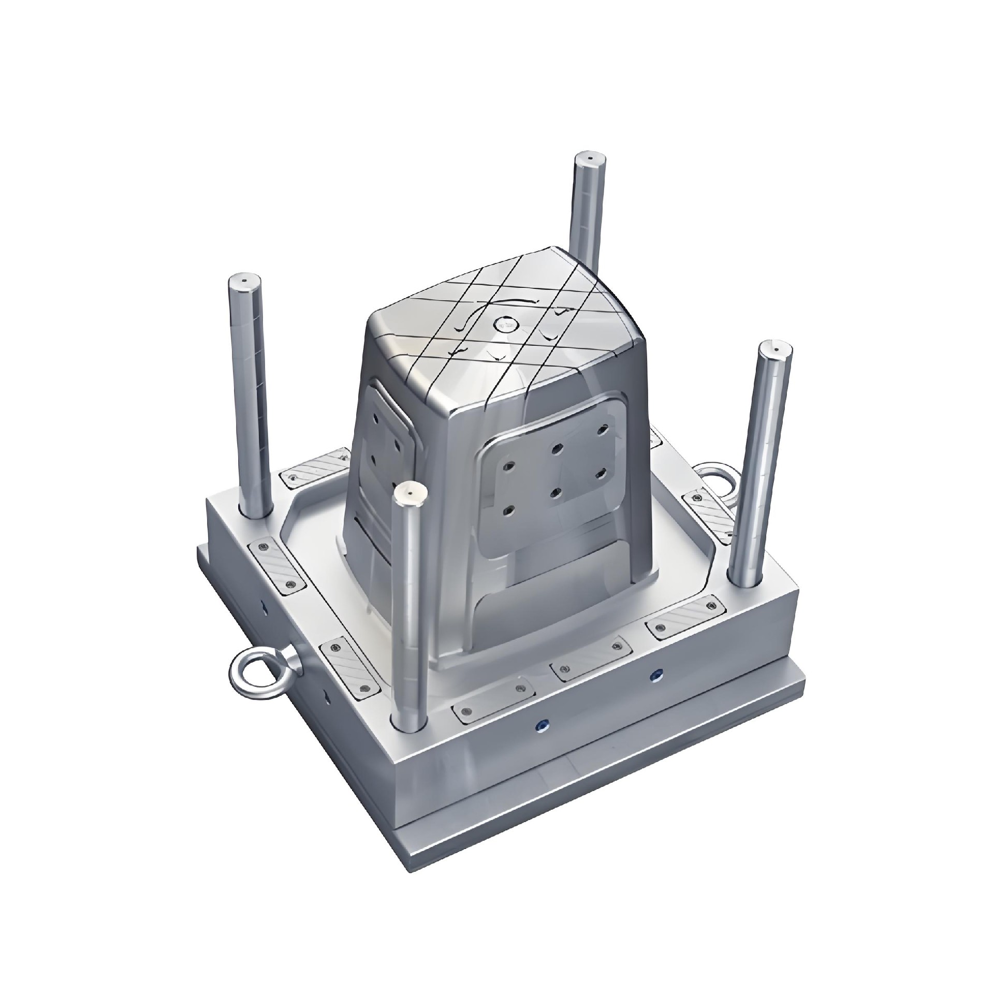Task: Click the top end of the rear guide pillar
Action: pos(589,157)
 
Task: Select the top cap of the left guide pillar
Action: pos(244,282)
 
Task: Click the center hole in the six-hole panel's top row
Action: pos(557,433)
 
